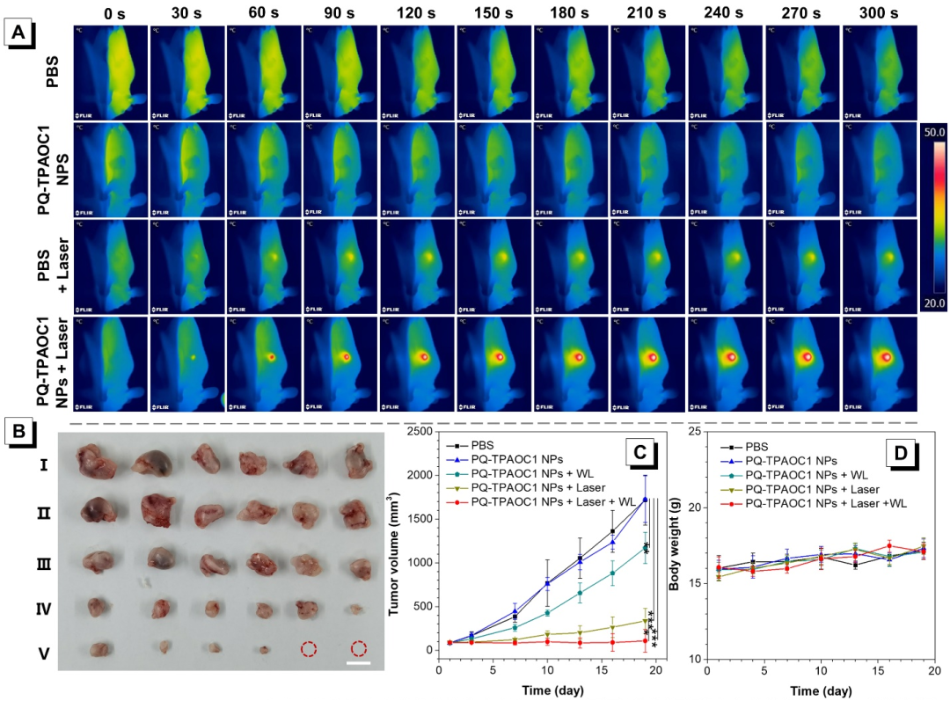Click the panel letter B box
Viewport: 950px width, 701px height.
[19, 433]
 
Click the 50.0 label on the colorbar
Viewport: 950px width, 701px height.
[934, 131]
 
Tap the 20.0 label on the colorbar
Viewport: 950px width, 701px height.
[934, 303]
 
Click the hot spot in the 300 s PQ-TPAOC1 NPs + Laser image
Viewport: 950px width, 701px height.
[886, 357]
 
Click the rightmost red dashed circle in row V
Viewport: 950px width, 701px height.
[359, 649]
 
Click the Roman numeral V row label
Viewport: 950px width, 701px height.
[43, 652]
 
